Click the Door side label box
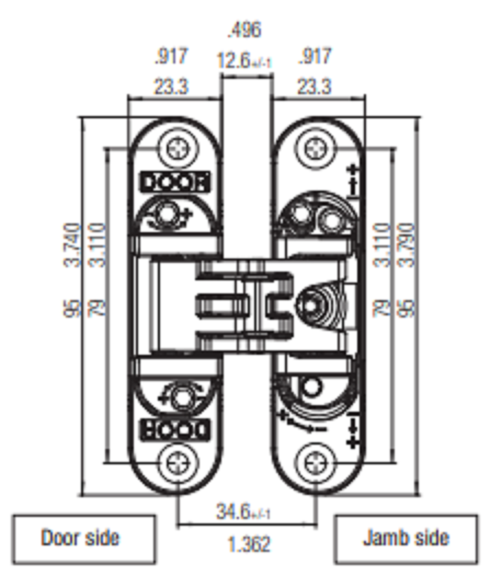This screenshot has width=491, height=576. [81, 538]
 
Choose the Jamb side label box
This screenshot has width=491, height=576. [406, 538]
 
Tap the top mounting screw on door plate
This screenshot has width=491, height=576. [177, 150]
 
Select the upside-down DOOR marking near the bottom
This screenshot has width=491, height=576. [175, 429]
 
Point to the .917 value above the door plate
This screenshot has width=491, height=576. [171, 56]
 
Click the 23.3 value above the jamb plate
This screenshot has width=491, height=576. [315, 87]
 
